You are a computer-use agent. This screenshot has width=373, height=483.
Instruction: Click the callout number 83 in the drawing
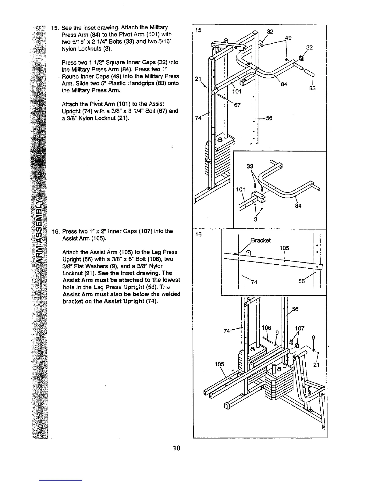pyautogui.click(x=312, y=88)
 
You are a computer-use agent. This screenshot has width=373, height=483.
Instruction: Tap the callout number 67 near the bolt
pyautogui.click(x=237, y=106)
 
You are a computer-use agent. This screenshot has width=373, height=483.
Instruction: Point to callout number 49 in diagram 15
pyautogui.click(x=288, y=38)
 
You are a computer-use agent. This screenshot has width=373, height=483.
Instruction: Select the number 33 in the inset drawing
pyautogui.click(x=250, y=166)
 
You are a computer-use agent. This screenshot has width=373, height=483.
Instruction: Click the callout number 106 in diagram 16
pyautogui.click(x=266, y=328)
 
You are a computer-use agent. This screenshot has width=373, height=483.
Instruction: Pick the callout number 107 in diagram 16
pyautogui.click(x=300, y=328)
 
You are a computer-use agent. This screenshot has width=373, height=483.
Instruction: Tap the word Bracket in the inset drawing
pyautogui.click(x=261, y=240)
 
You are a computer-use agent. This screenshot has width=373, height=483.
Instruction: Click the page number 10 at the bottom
pyautogui.click(x=176, y=448)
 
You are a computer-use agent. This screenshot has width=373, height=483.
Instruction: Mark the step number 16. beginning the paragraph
pyautogui.click(x=55, y=231)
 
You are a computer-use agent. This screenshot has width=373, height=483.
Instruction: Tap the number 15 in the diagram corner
pyautogui.click(x=198, y=30)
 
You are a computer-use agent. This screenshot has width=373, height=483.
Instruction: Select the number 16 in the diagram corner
pyautogui.click(x=198, y=234)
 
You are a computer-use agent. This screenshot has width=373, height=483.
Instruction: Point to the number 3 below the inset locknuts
pyautogui.click(x=256, y=220)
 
